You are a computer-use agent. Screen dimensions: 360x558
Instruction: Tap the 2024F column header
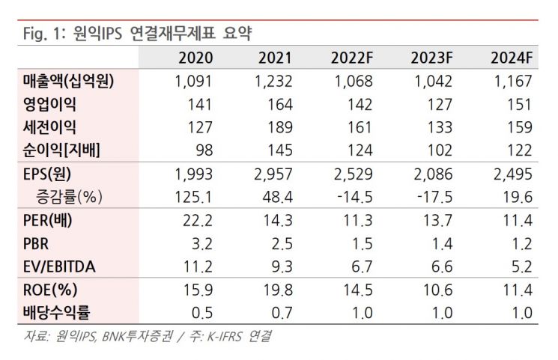pos(512,58)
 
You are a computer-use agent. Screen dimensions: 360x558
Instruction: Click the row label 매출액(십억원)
pos(67,81)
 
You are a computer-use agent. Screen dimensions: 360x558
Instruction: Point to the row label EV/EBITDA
pos(56,266)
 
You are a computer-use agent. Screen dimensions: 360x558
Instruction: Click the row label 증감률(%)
pos(69,197)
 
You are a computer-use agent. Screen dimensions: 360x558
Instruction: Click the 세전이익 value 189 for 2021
pos(279,127)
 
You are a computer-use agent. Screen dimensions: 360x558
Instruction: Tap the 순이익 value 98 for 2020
pos(203,150)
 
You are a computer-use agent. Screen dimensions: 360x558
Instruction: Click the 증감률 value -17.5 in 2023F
pos(434,197)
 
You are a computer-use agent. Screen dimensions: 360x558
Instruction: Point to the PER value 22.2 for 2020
pos(198,220)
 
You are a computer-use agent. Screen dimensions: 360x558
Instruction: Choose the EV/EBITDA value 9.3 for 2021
pos(282,266)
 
